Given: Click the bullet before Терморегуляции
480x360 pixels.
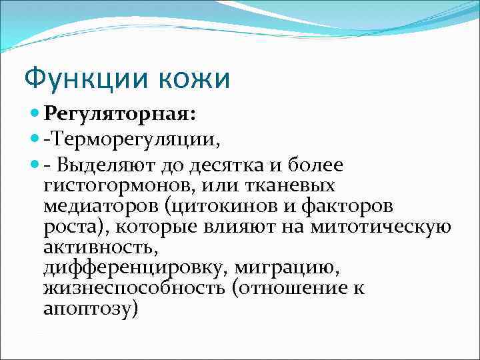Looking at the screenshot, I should point(35,141).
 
